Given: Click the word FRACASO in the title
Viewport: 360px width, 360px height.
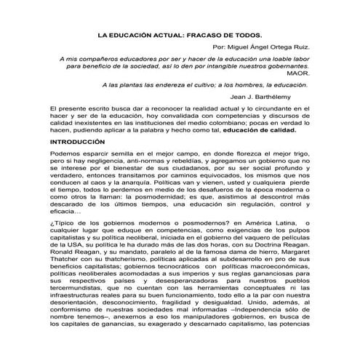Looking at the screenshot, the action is point(202,35).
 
